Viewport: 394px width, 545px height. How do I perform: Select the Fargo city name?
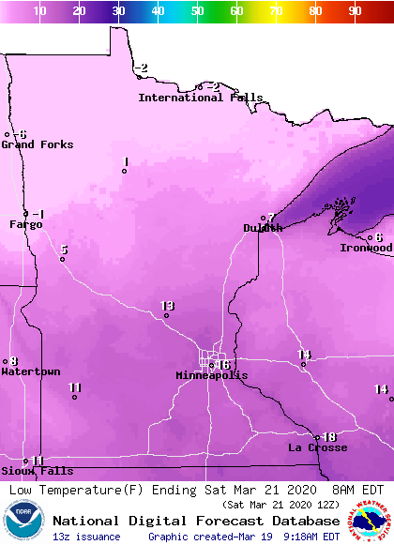26,224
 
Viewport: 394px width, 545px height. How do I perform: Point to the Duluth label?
263,228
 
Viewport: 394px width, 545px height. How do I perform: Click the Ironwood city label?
366,248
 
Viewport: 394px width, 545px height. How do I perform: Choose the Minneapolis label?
212,375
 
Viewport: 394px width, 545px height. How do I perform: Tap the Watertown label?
30,372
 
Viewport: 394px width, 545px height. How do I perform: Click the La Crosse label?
317,447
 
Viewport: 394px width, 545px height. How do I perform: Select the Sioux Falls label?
37,471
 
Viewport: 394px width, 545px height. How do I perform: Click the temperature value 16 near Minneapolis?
223,364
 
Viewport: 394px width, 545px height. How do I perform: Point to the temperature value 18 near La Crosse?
328,436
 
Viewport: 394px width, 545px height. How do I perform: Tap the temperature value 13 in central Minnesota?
168,306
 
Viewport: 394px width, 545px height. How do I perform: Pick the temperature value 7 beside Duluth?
271,218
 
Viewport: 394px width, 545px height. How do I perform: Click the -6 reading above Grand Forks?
21,134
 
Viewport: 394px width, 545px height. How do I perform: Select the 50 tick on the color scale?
198,10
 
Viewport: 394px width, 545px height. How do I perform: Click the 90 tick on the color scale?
355,10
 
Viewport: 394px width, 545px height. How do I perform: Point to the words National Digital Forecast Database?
196,520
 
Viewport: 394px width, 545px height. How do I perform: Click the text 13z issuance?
86,537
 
